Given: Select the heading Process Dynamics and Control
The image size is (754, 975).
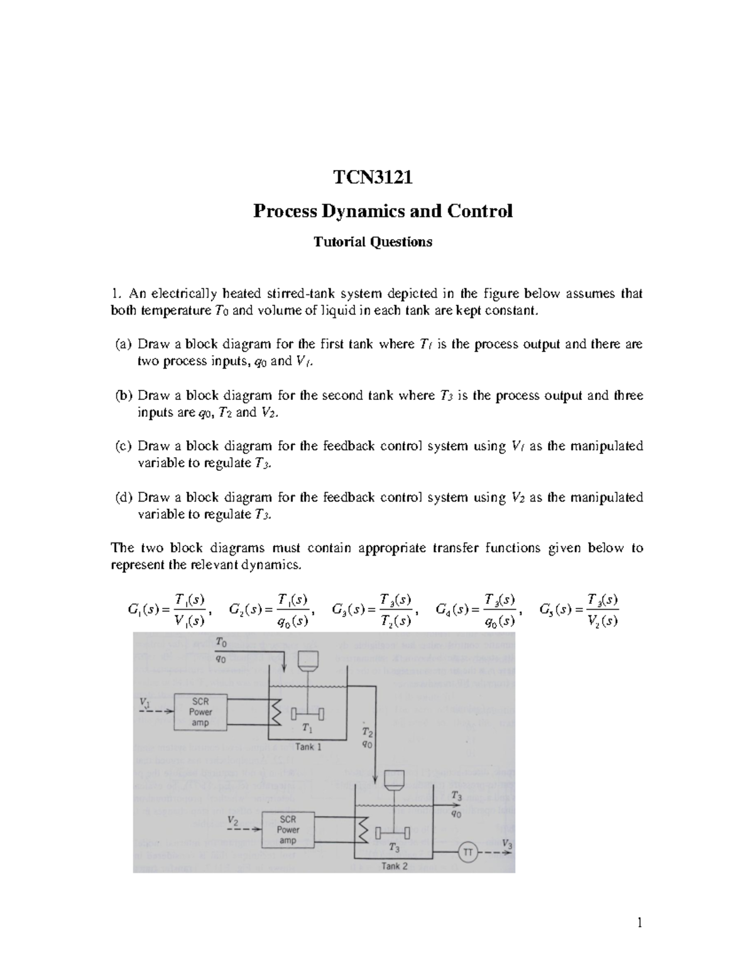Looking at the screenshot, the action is coord(383,211).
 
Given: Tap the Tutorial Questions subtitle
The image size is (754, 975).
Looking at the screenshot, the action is coord(373,242).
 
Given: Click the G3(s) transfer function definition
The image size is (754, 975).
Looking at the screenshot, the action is coord(372,610).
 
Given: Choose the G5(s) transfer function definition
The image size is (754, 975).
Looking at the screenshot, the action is coord(579,610).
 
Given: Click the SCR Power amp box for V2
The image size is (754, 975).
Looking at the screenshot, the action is coord(288,829).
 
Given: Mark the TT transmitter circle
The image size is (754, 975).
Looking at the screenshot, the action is coord(467,853).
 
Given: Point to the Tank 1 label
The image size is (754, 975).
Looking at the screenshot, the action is coord(308,747).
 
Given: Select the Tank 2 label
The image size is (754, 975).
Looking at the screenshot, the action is coord(395,866).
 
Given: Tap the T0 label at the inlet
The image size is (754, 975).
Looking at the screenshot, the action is coord(221,642).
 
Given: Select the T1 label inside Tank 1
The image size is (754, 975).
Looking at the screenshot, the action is coord(307,728).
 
